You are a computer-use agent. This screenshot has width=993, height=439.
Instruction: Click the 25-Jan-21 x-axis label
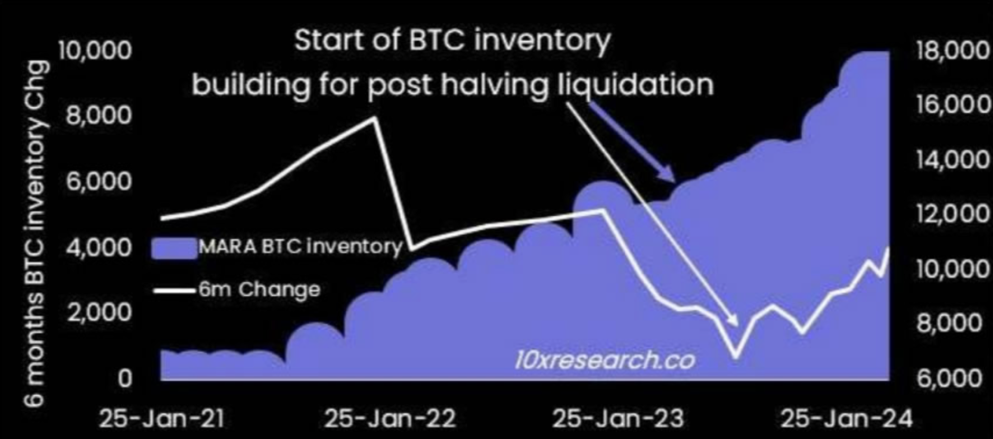coord(162,418)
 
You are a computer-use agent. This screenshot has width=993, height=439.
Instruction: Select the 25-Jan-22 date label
coord(390,418)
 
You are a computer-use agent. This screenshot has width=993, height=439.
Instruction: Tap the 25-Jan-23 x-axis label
coord(618,418)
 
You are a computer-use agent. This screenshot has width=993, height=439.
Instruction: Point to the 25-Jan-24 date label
coord(847,418)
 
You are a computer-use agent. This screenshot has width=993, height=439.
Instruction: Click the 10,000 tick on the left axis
coord(95,50)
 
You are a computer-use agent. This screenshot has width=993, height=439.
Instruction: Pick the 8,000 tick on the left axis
coord(99,116)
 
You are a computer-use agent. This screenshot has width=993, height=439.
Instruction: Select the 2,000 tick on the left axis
coord(99,313)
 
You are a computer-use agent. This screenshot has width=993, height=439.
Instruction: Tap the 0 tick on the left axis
coord(125,378)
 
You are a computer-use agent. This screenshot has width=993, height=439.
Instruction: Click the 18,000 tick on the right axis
coord(952,50)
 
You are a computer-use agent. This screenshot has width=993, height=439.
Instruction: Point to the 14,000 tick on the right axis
coord(952,160)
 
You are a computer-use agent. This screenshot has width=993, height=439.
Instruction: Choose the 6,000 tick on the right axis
coord(949,378)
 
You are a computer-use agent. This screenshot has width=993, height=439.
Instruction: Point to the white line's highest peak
coord(374,118)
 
